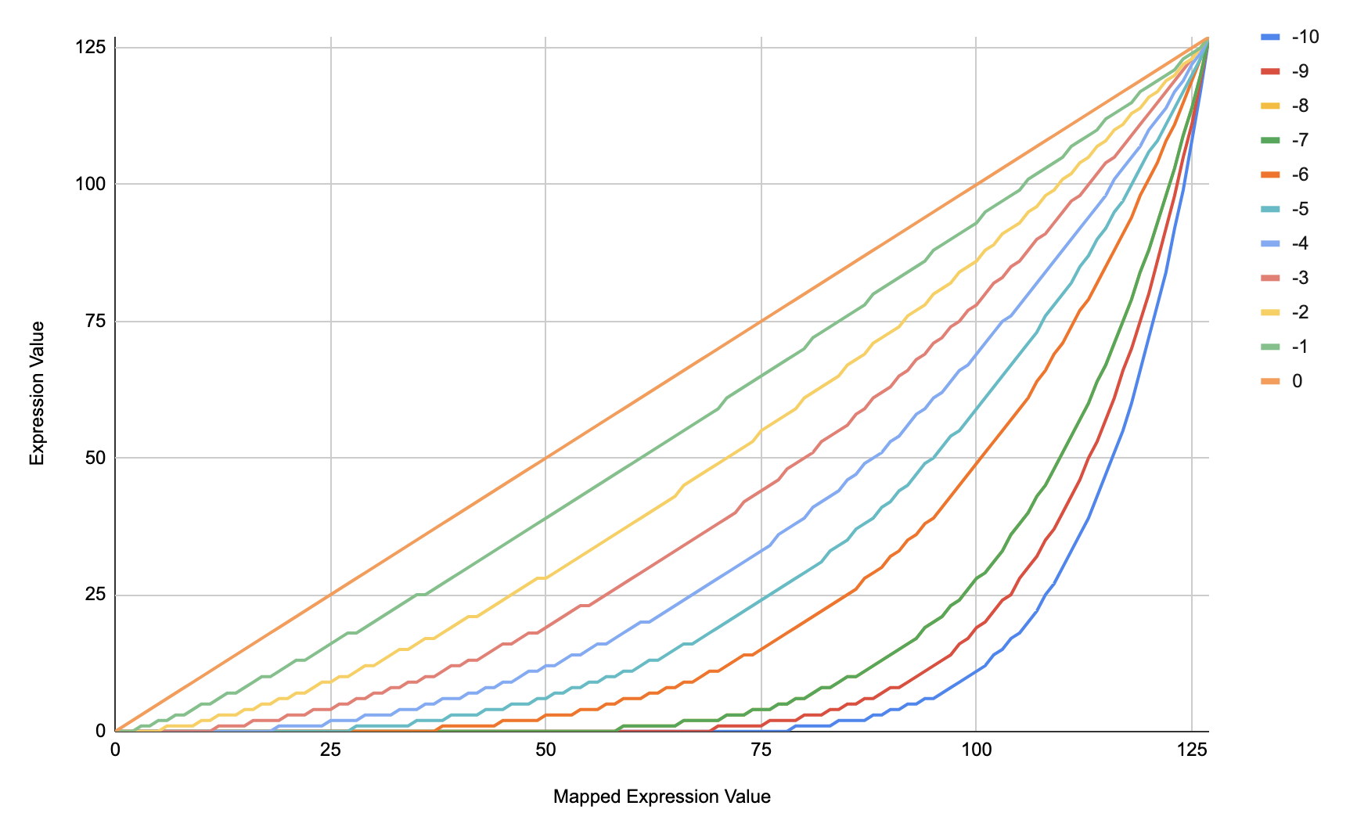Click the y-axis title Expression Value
click(37, 393)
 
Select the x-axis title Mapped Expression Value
click(661, 797)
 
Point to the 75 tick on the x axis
click(761, 749)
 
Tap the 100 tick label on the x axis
click(976, 749)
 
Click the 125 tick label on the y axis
click(90, 47)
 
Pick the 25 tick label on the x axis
click(330, 749)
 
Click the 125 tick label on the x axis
click(1191, 749)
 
